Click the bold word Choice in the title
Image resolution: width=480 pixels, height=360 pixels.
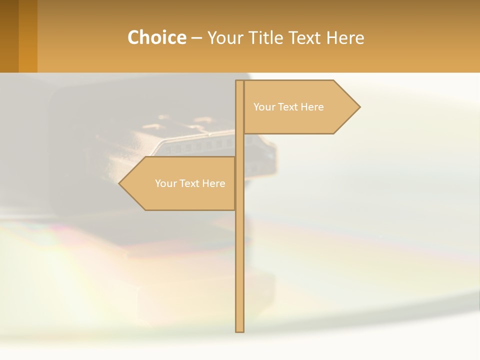pyautogui.click(x=156, y=37)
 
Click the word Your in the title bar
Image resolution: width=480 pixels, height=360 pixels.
pyautogui.click(x=223, y=38)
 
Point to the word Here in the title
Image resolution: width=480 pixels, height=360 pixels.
pyautogui.click(x=345, y=38)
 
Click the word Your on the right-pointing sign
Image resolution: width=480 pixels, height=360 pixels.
pyautogui.click(x=263, y=107)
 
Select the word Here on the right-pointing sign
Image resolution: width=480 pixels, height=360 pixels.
pyautogui.click(x=312, y=107)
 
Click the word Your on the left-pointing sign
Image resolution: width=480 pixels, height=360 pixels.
pyautogui.click(x=165, y=183)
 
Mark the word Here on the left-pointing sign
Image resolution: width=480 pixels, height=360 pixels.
pyautogui.click(x=213, y=183)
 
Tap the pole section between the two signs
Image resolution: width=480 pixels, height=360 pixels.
pyautogui.click(x=240, y=145)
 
